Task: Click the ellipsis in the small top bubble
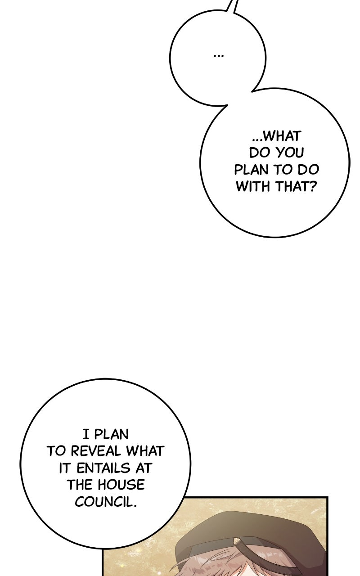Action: [x=219, y=55]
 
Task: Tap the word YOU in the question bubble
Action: [x=290, y=153]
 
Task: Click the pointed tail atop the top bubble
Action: [x=231, y=6]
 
